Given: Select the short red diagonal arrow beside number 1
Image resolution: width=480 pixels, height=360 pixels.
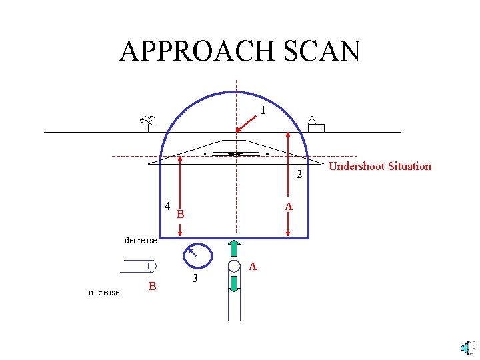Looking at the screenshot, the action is [x=245, y=123].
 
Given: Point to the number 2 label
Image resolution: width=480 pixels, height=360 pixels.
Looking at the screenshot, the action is [x=299, y=175].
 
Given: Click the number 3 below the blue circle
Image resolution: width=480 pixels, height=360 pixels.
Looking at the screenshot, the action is [x=194, y=278].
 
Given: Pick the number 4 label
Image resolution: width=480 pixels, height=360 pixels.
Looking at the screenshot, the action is [x=167, y=205].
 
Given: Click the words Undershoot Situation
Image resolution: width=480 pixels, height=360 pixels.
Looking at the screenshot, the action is [x=380, y=166].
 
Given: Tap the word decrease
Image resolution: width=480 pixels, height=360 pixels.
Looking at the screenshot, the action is [x=141, y=240].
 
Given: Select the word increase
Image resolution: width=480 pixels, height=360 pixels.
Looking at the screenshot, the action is [x=103, y=292].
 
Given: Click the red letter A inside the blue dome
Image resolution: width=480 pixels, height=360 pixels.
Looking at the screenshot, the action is [x=288, y=207].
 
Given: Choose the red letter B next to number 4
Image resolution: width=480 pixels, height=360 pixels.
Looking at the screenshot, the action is [x=180, y=215].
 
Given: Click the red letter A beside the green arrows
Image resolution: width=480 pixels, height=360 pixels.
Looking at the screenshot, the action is [x=253, y=267].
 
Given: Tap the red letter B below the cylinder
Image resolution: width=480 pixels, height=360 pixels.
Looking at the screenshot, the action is [x=152, y=287].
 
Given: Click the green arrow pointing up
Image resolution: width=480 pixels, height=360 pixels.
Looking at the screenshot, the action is [x=234, y=248].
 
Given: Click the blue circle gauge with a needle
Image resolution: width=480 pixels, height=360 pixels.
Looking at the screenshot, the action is [x=197, y=255].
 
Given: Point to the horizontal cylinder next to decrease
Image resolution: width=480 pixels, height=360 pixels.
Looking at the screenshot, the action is [x=139, y=266].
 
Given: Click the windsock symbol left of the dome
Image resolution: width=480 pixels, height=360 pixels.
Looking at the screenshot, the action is [x=148, y=121].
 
